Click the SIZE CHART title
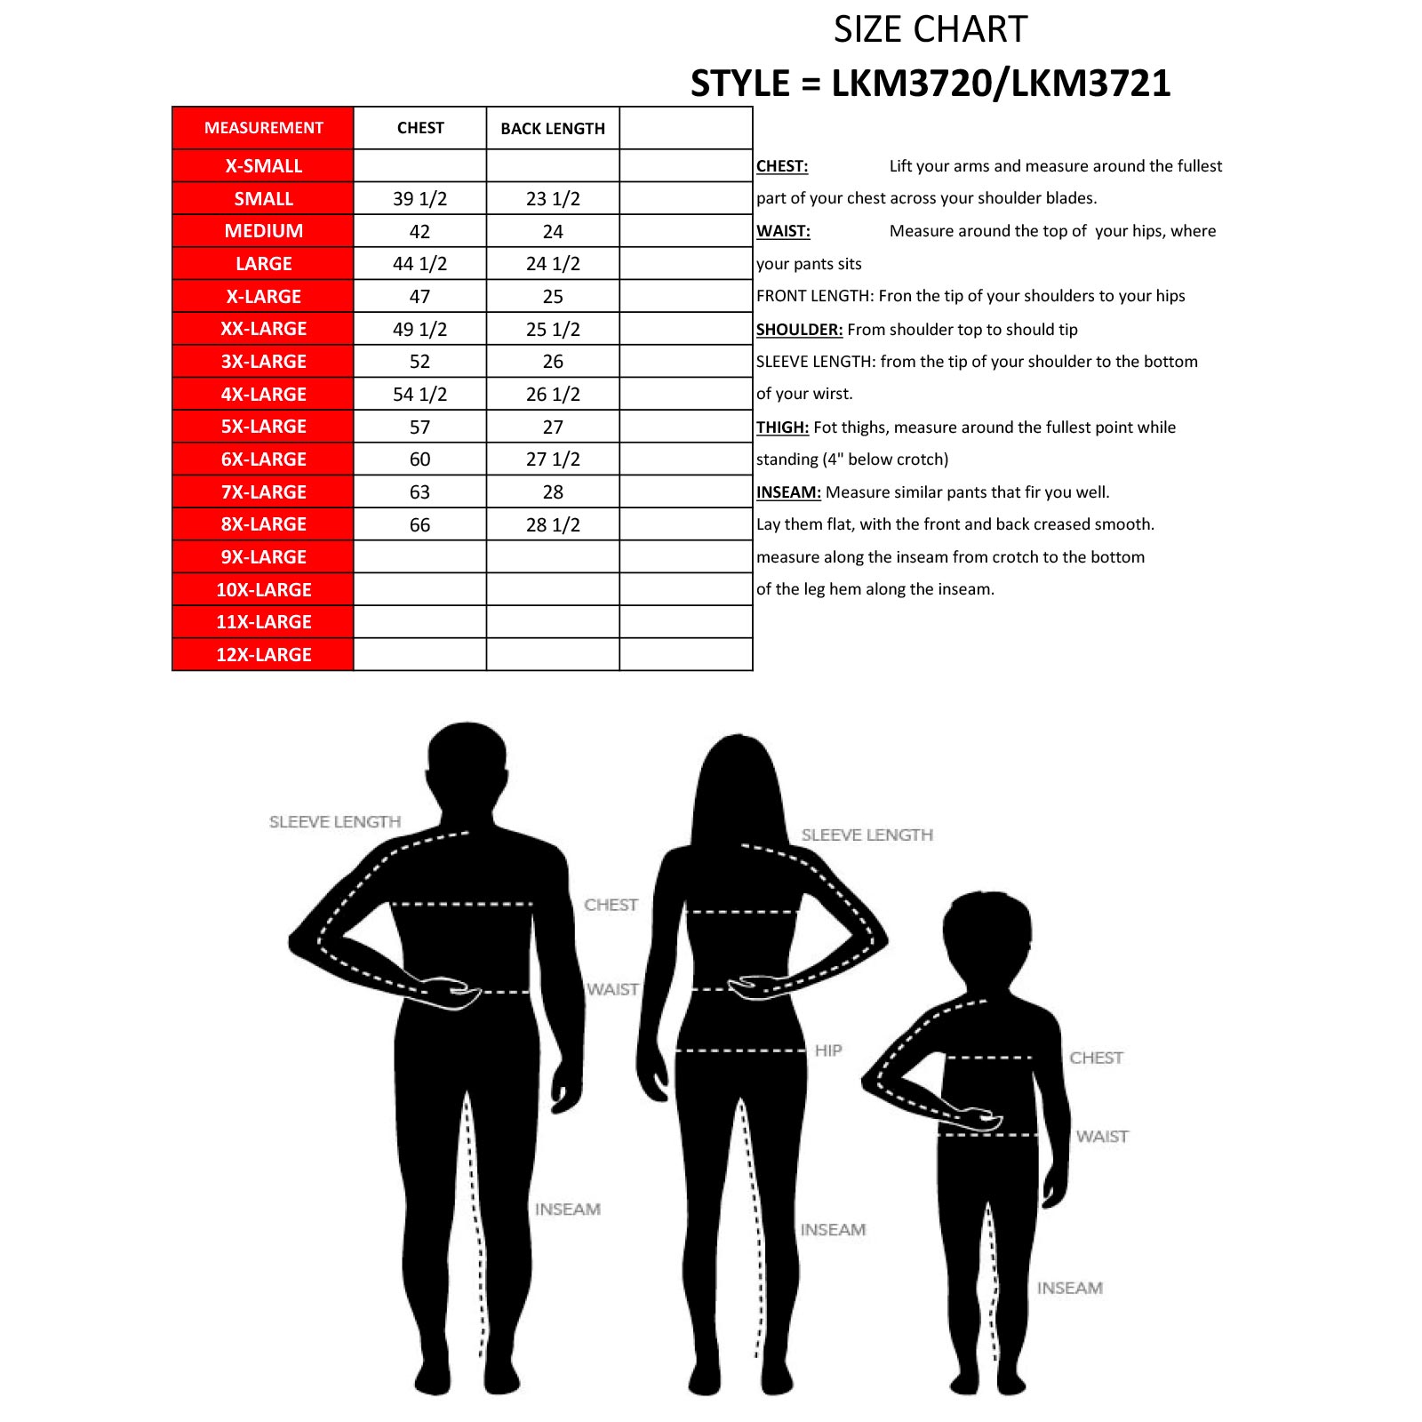930,30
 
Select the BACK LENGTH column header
553,129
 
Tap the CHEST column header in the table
420,128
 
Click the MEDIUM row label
263,231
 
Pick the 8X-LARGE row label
263,524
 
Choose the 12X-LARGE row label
263,655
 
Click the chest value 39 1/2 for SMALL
419,199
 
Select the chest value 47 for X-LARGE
419,297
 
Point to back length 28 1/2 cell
553,525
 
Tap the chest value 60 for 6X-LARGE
419,459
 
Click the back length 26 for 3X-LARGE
553,362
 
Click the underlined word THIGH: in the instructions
782,427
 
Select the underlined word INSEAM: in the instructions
788,492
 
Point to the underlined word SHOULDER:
799,330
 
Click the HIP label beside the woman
828,1051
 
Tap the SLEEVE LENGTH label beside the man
335,822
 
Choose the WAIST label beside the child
1102,1137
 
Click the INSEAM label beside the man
567,1210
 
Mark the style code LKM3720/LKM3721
1001,84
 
